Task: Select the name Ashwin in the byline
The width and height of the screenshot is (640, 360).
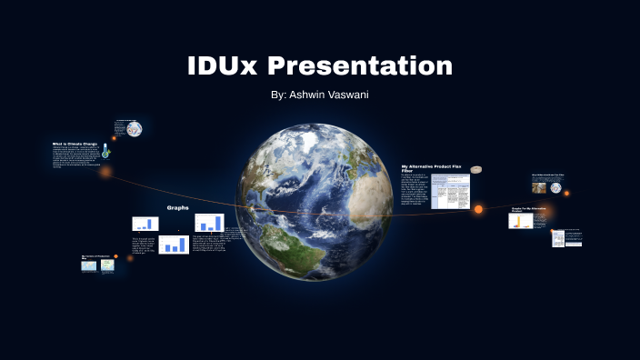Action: [308, 95]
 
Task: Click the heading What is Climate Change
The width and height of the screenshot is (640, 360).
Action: [75, 144]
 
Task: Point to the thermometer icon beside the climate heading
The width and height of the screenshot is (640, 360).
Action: [105, 150]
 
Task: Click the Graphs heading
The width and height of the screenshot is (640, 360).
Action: [177, 207]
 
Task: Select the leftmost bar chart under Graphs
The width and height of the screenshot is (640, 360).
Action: [145, 224]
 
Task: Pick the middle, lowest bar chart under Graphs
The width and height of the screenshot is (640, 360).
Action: [173, 244]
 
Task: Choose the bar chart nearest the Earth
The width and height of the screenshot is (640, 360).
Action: [209, 223]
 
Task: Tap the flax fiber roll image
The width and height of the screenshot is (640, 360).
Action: [476, 169]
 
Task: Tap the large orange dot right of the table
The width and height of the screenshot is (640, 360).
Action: [478, 210]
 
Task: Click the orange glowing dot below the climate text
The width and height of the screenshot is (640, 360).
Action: [105, 171]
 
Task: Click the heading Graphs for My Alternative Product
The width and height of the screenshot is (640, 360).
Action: [526, 210]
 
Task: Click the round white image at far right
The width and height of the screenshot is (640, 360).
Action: [555, 188]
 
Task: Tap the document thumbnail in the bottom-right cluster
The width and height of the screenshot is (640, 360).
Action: [557, 238]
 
